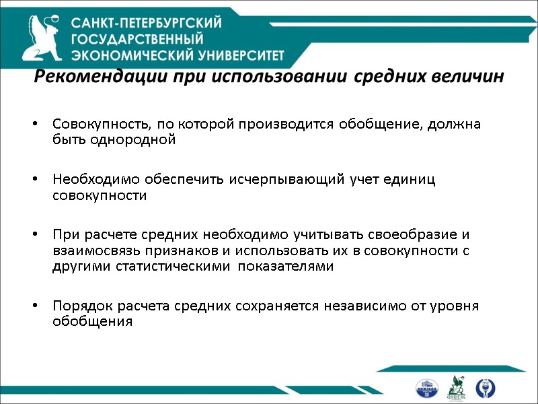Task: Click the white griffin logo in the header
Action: (x=42, y=38)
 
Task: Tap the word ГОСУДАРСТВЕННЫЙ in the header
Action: (x=137, y=39)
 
